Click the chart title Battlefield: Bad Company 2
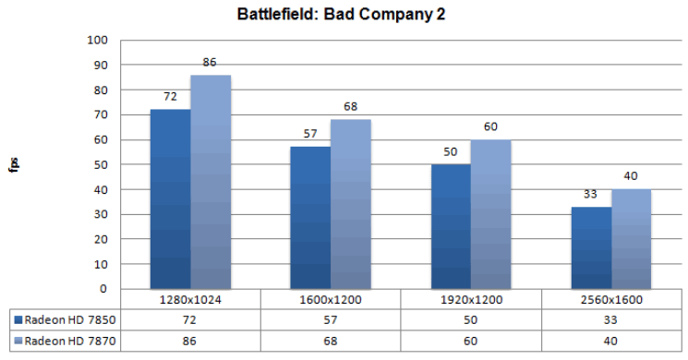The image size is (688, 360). tap(344, 16)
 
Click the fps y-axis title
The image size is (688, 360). tap(16, 165)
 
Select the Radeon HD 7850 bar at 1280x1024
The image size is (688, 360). tap(170, 198)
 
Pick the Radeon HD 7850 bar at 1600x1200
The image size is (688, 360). tap(310, 217)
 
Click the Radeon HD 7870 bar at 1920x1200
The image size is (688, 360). tap(490, 214)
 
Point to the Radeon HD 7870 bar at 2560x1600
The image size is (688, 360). tap(631, 239)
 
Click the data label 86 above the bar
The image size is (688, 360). tap(210, 63)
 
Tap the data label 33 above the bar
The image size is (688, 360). tap(590, 195)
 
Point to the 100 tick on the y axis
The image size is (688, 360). tap(96, 41)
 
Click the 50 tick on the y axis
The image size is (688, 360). tap(99, 165)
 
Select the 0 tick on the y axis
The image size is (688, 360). tap(103, 289)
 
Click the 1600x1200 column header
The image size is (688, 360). tap(330, 300)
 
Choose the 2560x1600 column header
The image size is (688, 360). tap(610, 300)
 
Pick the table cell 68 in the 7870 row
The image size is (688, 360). tap(330, 340)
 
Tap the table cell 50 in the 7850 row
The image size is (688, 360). tap(470, 318)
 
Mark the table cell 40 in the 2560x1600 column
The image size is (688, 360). tap(610, 340)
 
